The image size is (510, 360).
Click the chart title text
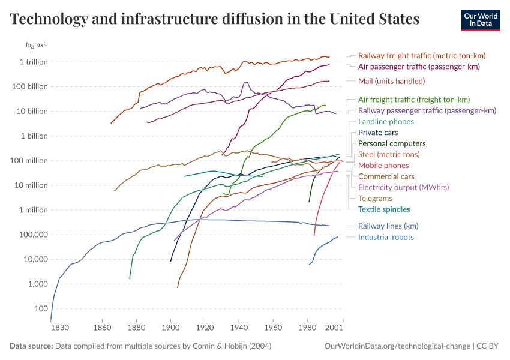(x=215, y=19)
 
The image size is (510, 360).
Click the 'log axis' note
(x=37, y=45)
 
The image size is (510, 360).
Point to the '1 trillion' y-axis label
(x=34, y=62)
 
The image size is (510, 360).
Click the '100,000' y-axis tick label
(x=35, y=235)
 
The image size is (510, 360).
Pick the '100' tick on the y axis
(x=40, y=308)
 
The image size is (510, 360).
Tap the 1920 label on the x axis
(x=205, y=328)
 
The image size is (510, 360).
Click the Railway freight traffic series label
(x=421, y=55)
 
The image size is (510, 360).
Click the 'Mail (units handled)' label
(x=391, y=81)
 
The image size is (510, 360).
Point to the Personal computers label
(x=392, y=143)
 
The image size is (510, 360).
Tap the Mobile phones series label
(x=383, y=166)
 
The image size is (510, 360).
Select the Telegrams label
(x=375, y=199)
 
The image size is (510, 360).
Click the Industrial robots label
(x=386, y=237)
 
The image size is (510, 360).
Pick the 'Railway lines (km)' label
(x=388, y=226)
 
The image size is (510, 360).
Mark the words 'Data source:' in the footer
(x=31, y=346)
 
